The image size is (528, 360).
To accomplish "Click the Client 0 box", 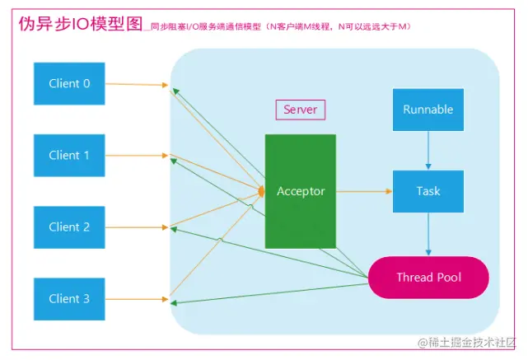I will (69, 83).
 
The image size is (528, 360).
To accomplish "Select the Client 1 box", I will (69, 155).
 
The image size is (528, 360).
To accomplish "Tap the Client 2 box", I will (69, 227).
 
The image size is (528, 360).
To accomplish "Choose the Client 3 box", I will (69, 299).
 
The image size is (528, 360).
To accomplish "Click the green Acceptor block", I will (301, 191).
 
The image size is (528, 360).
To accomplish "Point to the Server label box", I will (300, 110).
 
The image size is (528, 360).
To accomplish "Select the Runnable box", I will (428, 110).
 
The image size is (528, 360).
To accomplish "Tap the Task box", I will (428, 191).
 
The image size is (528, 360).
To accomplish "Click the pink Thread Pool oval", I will (428, 278).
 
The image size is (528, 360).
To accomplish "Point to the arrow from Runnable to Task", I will (428, 151).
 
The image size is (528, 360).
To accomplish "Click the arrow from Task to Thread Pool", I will (428, 234).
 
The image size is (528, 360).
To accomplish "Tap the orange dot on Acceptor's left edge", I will (262, 191).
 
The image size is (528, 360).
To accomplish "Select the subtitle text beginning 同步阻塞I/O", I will (280, 27).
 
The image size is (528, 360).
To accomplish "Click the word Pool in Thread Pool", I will (448, 278).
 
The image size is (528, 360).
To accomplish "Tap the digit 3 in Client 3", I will (86, 299).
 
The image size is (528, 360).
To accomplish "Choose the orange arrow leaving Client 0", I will (136, 84).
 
